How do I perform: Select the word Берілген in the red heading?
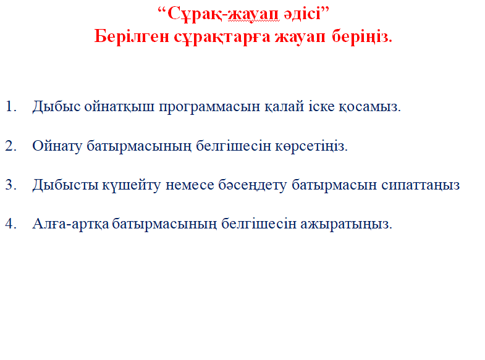pos(132,37)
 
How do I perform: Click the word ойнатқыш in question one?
pos(119,107)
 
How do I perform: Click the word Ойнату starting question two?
pos(57,146)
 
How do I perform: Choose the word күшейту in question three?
pos(132,185)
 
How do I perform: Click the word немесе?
pos(190,185)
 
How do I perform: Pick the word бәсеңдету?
pos(253,185)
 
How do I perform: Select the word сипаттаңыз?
pos(420,185)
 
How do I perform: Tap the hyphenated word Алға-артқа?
pos(70,224)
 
